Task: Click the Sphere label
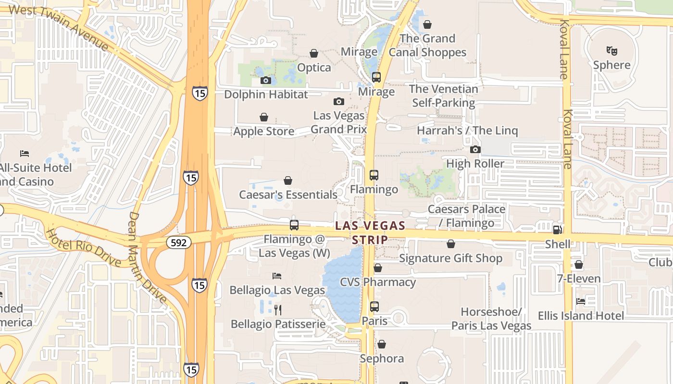coord(611,65)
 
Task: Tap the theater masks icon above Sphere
coord(611,50)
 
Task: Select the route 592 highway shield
coord(178,242)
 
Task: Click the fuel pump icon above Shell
coord(557,230)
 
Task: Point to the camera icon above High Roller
coord(475,150)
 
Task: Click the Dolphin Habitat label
coord(266,94)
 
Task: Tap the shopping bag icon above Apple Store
coord(264,117)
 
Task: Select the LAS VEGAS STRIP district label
coord(370,232)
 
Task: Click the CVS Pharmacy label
coord(378,282)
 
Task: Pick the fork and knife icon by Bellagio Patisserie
coord(277,310)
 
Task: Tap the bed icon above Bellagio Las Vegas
coord(277,276)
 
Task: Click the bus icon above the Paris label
coord(374,306)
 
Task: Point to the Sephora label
coord(382,359)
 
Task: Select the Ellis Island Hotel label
coord(581,315)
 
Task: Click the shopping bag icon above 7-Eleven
coord(579,264)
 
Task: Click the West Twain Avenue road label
coord(59,27)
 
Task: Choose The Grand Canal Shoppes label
coord(427,45)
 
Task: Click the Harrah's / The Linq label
coord(467,131)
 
